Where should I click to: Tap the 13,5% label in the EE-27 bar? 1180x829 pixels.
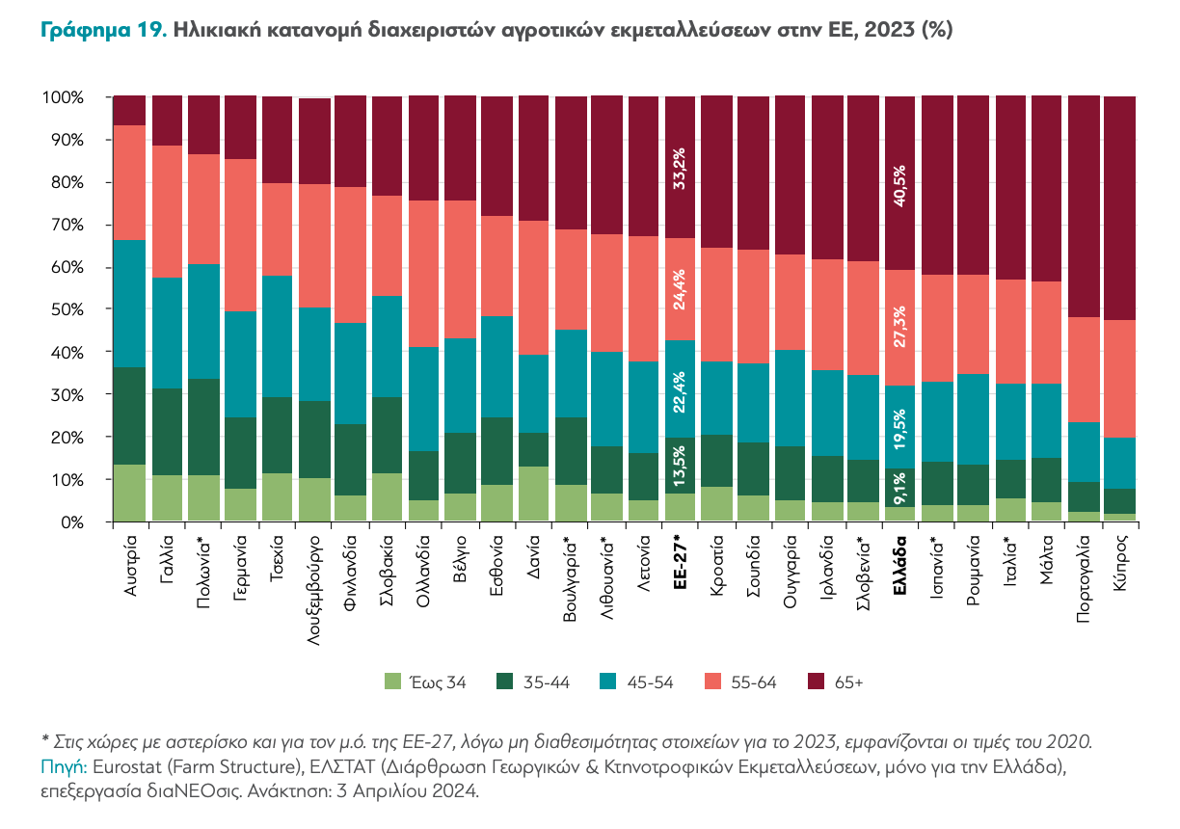pos(681,469)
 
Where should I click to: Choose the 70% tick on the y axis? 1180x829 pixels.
pos(64,225)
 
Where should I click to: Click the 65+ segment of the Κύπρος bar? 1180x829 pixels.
pos(1119,207)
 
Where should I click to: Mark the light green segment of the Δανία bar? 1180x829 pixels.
pos(535,494)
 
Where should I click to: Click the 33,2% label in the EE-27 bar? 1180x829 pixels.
pos(681,168)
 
